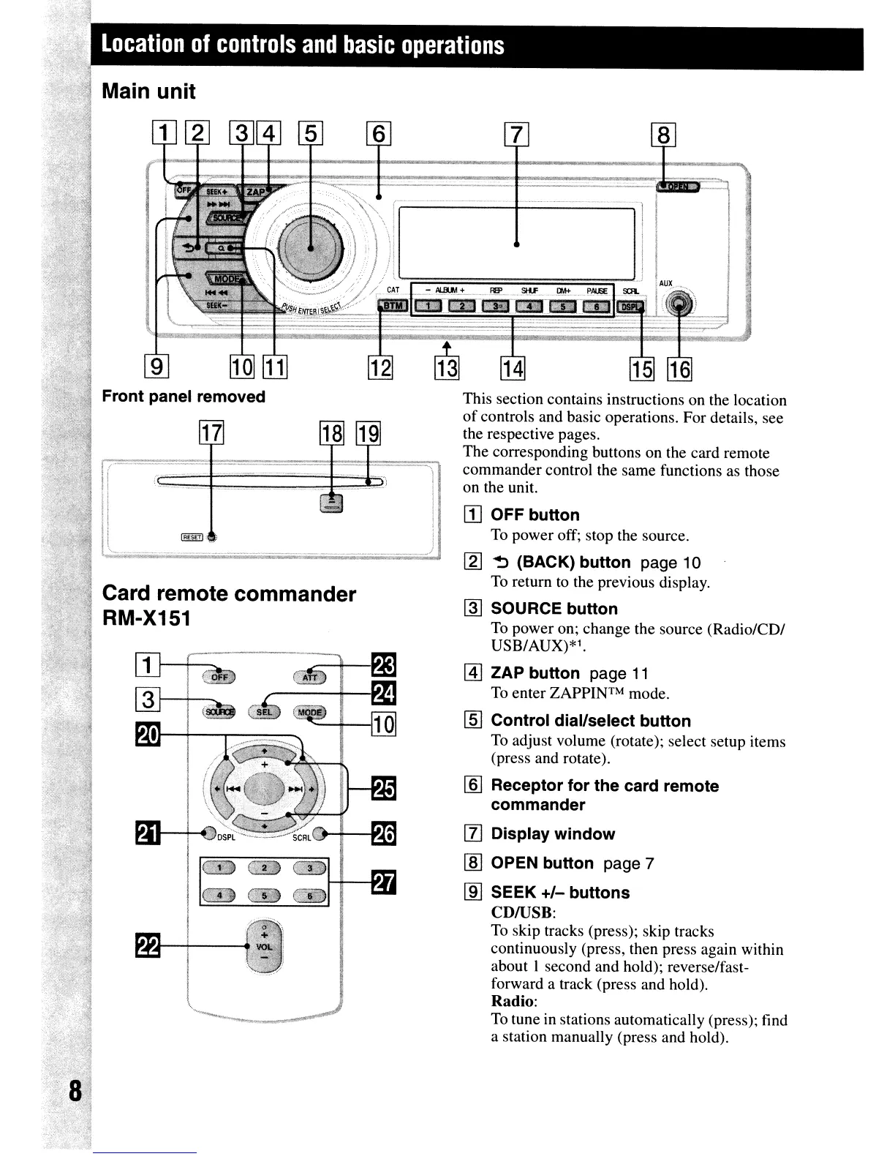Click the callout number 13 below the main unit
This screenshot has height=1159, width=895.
pyautogui.click(x=447, y=370)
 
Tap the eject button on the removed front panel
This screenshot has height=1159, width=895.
pyautogui.click(x=332, y=503)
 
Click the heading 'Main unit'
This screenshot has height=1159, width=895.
pyautogui.click(x=148, y=91)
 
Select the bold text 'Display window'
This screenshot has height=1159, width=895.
pyautogui.click(x=552, y=834)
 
